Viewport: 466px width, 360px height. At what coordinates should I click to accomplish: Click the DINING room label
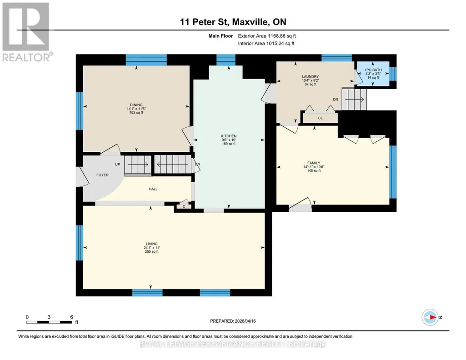136,105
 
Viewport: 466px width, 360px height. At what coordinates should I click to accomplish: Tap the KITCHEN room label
229,136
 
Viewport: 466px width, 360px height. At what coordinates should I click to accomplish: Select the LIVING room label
151,244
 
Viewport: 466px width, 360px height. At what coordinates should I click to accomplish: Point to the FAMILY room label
314,163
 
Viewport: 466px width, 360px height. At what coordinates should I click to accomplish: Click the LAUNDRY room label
310,77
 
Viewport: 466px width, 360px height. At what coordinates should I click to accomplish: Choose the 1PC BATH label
373,70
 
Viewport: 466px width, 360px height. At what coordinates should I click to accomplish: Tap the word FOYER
103,175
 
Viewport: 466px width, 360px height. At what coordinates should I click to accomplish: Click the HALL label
153,189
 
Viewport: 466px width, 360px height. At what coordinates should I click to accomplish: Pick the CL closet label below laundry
321,118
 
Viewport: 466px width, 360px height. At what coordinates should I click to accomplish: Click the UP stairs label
118,164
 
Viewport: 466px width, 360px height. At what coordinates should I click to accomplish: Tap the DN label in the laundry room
336,100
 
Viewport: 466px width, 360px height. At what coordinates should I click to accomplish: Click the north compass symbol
430,317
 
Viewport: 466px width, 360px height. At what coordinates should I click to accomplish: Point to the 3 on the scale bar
49,317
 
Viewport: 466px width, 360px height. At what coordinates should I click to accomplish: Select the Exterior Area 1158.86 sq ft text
267,36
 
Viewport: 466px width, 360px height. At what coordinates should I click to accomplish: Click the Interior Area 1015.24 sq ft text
266,43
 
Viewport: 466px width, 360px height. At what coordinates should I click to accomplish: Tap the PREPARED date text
233,321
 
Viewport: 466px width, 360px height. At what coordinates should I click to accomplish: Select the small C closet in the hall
184,206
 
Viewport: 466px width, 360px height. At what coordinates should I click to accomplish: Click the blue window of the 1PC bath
393,74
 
